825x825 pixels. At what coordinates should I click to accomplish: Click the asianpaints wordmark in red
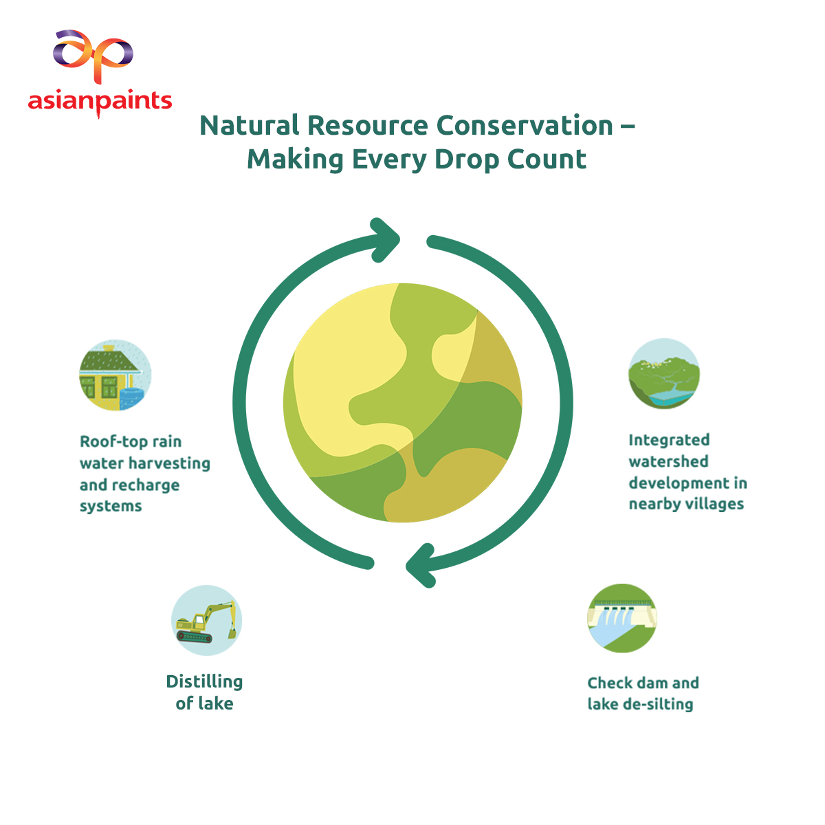100,102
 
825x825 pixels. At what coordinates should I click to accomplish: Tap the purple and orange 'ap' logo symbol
93,56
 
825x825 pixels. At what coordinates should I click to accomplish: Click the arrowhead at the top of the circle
384,240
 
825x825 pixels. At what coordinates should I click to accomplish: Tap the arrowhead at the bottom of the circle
421,565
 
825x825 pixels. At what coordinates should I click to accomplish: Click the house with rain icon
115,375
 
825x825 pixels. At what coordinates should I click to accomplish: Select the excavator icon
206,620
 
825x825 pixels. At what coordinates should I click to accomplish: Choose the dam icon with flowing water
622,618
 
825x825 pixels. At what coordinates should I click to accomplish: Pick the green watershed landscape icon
664,373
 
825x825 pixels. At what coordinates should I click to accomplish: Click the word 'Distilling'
204,681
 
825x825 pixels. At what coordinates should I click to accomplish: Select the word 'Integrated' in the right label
669,440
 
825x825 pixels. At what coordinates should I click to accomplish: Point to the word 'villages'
716,504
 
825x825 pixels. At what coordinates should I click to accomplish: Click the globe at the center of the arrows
402,402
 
